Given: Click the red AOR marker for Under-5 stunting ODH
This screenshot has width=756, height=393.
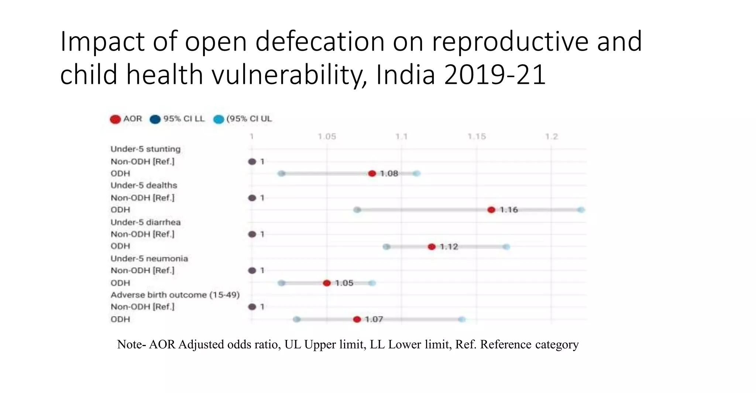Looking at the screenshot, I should [x=372, y=174].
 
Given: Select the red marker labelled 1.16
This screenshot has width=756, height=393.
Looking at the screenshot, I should [x=491, y=210].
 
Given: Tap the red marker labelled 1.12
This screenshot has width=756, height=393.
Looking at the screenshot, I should [x=432, y=247].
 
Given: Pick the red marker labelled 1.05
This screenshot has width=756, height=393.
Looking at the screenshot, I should [x=327, y=283].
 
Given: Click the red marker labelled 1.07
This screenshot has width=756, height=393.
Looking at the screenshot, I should [x=357, y=319].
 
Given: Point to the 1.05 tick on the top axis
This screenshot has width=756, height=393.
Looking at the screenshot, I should [x=327, y=137].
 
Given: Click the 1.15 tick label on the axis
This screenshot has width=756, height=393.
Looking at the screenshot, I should [x=477, y=137].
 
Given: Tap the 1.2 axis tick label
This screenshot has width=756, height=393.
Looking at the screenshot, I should [x=551, y=137].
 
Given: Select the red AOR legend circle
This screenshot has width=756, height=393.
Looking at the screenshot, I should [x=115, y=119].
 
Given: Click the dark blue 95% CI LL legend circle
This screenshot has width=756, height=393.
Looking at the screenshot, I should [x=155, y=119].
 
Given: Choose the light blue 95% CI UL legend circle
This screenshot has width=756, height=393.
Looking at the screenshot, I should [x=219, y=119].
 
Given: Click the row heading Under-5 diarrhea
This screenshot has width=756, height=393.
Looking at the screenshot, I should [x=145, y=222].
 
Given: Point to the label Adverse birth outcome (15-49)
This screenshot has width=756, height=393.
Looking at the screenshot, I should [x=175, y=295].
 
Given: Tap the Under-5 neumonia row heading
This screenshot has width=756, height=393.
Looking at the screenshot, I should [x=149, y=259].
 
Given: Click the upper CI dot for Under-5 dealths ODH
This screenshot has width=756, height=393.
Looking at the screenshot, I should [x=581, y=210].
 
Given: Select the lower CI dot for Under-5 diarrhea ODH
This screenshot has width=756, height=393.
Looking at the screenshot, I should [x=386, y=247].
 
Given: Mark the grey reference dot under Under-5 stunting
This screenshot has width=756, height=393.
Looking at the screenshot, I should [x=252, y=162].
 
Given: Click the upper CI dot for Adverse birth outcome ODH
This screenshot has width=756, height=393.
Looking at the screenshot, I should [x=462, y=319].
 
